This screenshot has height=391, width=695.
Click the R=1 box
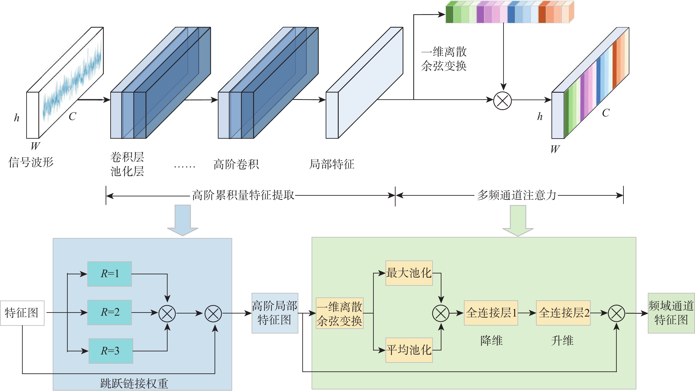(110, 274)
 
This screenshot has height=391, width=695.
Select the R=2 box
(110, 312)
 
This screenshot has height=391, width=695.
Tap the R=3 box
(111, 351)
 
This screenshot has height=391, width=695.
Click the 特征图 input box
(22, 313)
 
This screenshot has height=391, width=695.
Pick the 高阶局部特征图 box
(275, 313)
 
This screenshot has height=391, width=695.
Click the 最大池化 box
(409, 273)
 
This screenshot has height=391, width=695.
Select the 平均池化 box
(409, 350)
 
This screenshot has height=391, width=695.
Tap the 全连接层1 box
(491, 313)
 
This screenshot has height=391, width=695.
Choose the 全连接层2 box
(563, 313)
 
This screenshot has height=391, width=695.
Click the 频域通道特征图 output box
(671, 313)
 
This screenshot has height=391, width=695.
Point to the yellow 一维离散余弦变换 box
(339, 313)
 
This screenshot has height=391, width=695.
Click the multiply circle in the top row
(502, 101)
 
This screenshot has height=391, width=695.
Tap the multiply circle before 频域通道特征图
(617, 313)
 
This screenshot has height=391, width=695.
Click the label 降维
(491, 341)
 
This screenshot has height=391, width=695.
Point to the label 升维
(562, 341)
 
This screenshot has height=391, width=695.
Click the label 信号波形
(31, 162)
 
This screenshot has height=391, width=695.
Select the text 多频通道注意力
(516, 195)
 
